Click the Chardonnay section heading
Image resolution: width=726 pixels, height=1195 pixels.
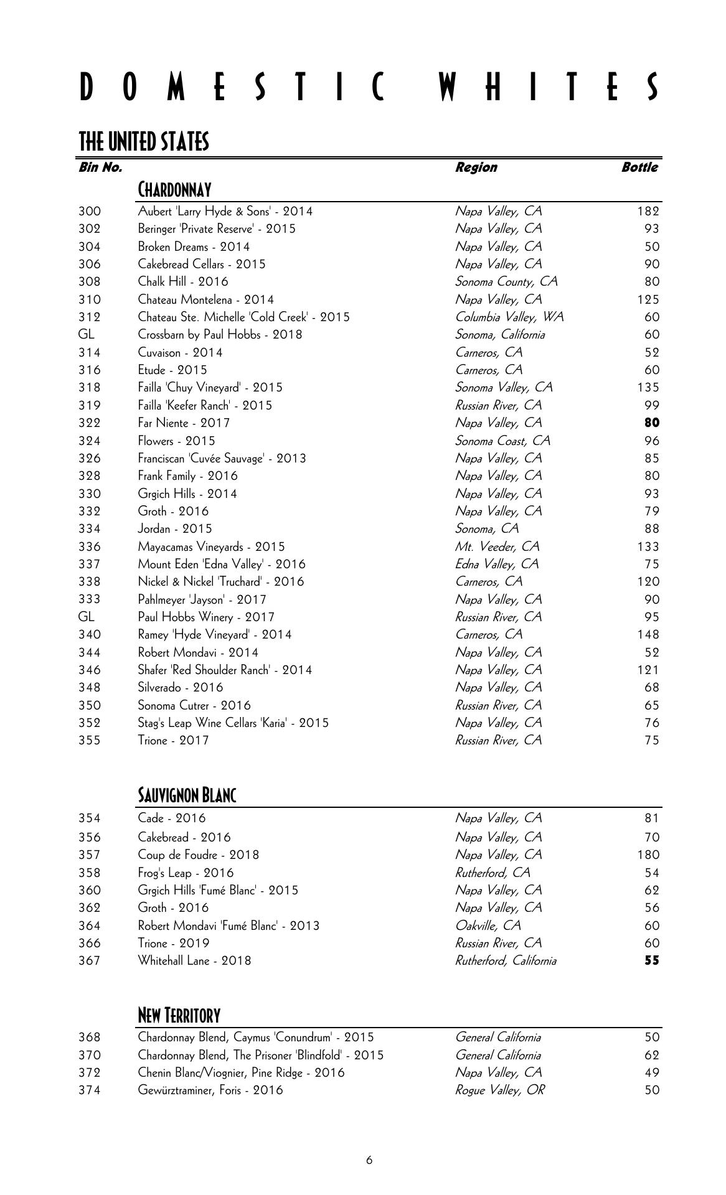pos(174,189)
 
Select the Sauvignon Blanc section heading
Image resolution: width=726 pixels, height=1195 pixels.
pos(187,795)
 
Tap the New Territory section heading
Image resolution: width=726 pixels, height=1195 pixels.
pos(179,1016)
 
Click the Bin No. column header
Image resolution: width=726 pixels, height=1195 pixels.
pos(100,167)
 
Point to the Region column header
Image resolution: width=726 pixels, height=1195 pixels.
pos(476,167)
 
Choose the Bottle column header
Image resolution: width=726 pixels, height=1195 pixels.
pos(639,167)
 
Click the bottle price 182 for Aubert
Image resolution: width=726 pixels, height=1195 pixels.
pos(648,212)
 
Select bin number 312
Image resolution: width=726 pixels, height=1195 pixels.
pos(90,317)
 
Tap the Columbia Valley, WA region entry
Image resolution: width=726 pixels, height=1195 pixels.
pos(509,317)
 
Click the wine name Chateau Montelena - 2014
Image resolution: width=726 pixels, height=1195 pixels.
pos(205,300)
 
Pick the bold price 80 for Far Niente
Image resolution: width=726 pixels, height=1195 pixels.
pos(652,423)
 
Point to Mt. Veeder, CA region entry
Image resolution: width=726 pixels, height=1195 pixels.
pos(497,547)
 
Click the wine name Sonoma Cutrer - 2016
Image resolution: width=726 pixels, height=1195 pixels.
pos(194,706)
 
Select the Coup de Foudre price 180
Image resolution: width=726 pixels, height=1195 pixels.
pos(648,855)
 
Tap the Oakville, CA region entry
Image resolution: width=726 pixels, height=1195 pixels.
pos(488,926)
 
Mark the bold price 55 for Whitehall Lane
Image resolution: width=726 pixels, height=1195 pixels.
pos(652,960)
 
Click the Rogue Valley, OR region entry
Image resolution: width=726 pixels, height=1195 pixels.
pos(499,1090)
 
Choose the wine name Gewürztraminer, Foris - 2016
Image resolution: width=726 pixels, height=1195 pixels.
pos(210,1090)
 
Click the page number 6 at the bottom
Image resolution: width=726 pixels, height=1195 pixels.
pos(369,1160)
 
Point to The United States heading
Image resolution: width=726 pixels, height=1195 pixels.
pos(144,142)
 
